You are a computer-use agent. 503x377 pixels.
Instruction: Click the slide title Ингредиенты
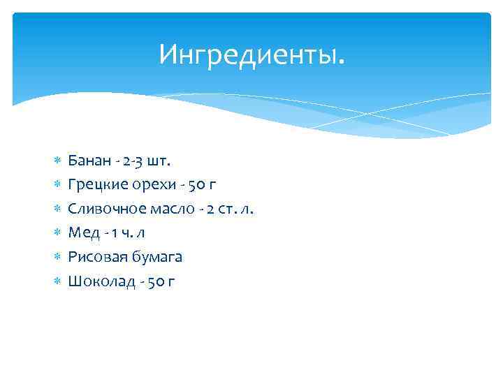251,54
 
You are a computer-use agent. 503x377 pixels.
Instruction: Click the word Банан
89,161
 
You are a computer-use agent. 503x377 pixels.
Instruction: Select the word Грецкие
93,185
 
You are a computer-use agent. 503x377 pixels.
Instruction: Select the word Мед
82,233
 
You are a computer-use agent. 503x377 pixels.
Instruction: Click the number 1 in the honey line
114,233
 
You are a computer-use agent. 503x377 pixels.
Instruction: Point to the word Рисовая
94,257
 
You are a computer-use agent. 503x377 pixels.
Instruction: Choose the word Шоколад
96,281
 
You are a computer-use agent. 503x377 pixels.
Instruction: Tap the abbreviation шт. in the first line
159,161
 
